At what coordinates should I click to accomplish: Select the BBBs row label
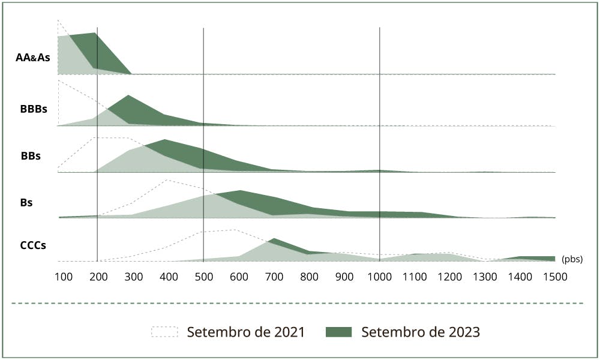(33, 110)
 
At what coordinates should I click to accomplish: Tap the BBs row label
(31, 156)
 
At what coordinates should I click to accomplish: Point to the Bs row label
(26, 203)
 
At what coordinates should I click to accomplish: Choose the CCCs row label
(34, 245)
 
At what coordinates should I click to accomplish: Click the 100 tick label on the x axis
(63, 277)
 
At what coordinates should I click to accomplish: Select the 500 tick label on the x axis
(204, 277)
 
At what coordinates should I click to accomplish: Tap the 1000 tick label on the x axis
(379, 277)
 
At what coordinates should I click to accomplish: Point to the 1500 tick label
(554, 277)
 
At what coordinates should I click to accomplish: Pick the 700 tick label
(274, 277)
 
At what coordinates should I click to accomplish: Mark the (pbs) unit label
(572, 260)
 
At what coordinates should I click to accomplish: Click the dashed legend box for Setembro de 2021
(164, 332)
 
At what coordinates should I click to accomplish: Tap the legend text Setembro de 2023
(421, 332)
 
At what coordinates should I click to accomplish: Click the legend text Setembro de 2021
(246, 332)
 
